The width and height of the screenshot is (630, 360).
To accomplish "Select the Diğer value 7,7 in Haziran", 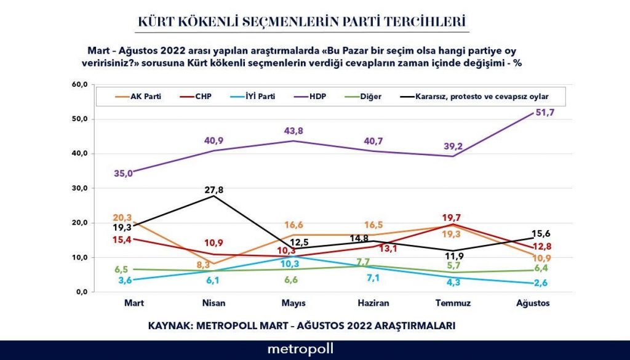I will pyautogui.click(x=363, y=262).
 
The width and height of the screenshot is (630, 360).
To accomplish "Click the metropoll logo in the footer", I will pyautogui.click(x=300, y=349).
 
